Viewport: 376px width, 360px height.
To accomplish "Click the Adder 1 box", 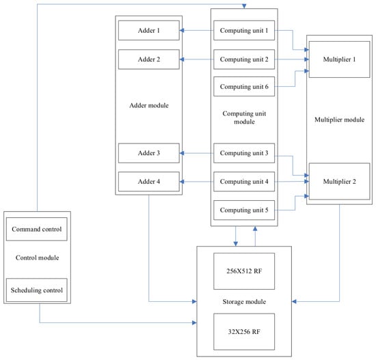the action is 148,31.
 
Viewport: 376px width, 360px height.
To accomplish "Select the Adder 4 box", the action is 148,182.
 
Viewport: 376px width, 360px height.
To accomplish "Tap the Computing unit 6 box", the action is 244,87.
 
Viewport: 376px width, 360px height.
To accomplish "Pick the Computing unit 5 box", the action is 244,210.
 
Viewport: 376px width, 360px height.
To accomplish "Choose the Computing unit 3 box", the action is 244,153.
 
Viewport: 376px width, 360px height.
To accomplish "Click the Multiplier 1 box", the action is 339,59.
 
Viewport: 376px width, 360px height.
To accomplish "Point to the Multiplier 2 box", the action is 339,182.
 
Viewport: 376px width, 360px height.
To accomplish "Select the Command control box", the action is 37,229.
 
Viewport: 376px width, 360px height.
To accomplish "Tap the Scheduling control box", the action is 37,290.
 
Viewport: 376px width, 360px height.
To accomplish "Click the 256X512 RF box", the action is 244,271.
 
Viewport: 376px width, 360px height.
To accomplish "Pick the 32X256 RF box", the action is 244,332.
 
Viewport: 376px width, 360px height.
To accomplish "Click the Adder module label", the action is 149,105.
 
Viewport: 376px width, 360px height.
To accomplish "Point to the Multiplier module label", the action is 339,120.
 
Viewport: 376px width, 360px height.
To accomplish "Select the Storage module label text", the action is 244,301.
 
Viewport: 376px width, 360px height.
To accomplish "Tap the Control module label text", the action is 37,258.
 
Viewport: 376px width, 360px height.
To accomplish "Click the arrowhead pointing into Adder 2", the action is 182,59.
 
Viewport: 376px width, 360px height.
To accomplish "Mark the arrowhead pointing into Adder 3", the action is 182,153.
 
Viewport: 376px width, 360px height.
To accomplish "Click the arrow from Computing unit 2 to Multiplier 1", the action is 292,59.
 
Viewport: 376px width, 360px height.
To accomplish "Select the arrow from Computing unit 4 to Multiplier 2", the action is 292,182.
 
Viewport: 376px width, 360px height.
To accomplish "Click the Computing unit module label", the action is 244,117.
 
